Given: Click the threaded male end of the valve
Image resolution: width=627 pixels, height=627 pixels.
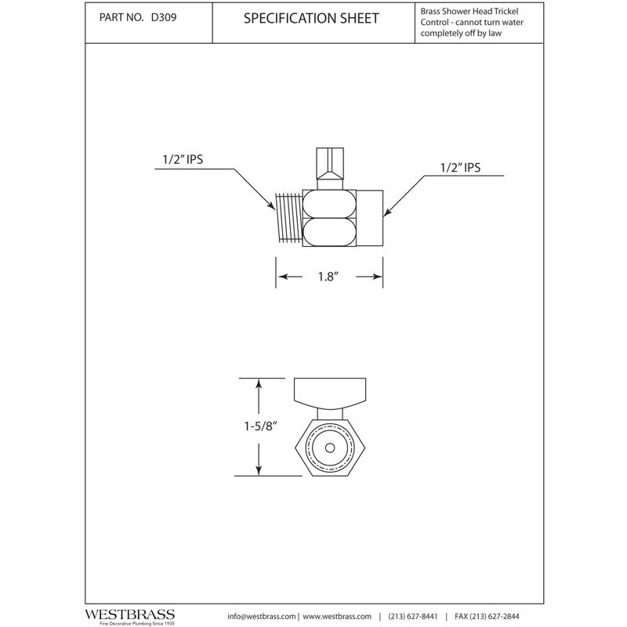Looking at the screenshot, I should tap(288, 219).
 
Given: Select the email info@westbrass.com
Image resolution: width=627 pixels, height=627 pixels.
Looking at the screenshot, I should tap(262, 615).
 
